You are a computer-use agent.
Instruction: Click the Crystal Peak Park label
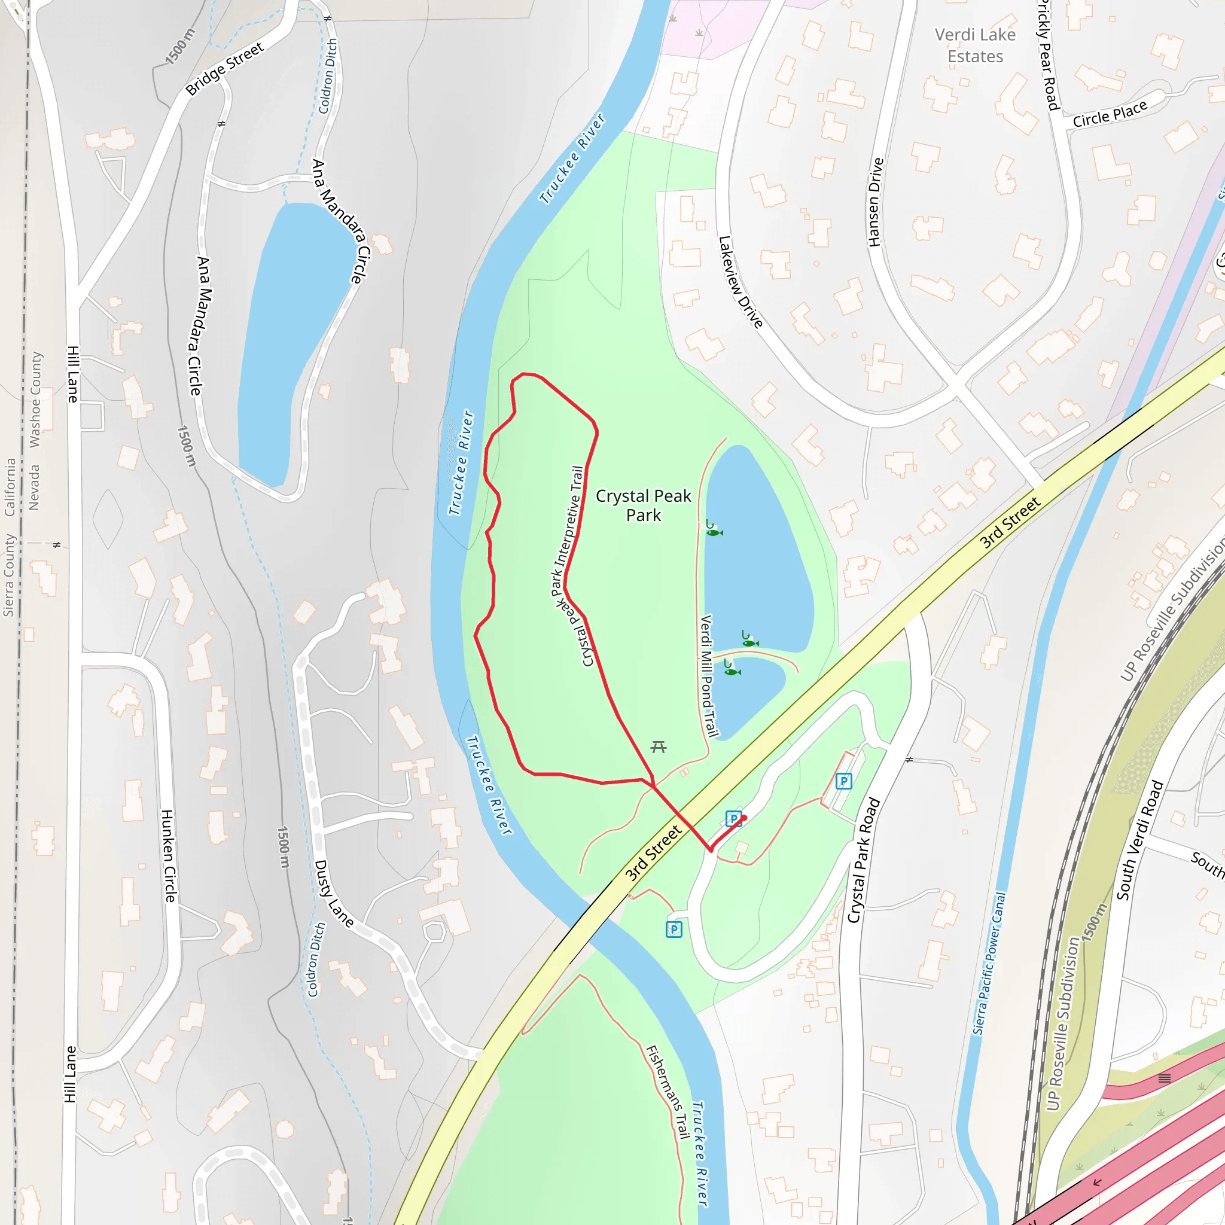point(643,505)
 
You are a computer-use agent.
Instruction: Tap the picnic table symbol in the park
point(659,747)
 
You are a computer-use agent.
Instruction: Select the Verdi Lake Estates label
point(975,45)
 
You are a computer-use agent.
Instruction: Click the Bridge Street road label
point(224,69)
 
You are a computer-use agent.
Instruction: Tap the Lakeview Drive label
point(740,282)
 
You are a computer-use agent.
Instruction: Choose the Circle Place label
point(1110,114)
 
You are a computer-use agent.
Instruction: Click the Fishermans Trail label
point(668,1092)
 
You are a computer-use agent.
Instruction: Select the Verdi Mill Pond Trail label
point(709,676)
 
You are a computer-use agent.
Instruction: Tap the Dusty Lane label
point(334,894)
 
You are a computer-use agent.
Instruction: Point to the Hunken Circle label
point(168,856)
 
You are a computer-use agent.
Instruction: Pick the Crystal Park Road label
point(864,860)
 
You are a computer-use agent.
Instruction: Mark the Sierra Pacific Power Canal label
point(989,964)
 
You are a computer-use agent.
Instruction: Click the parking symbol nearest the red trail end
point(733,819)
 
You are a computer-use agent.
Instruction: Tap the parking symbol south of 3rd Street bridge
point(674,930)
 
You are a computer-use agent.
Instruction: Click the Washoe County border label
point(35,400)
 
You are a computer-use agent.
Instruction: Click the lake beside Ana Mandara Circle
point(292,342)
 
